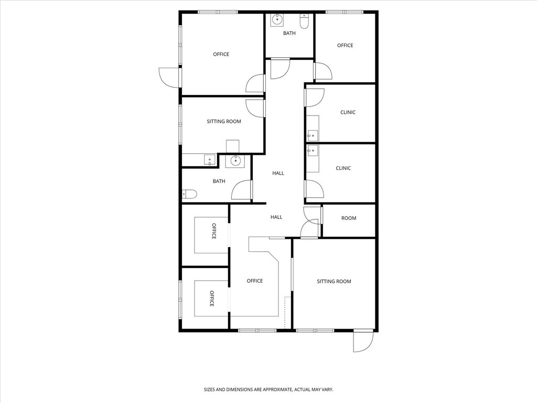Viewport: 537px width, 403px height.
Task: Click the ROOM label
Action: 349,218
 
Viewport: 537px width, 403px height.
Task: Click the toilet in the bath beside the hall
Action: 189,195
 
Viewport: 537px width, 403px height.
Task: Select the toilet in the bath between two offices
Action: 304,23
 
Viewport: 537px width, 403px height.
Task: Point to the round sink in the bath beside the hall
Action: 235,161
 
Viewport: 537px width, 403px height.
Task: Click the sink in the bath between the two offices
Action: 277,20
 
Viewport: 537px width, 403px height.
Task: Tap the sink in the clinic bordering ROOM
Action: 313,151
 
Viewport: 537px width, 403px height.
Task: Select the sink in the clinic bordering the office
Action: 313,135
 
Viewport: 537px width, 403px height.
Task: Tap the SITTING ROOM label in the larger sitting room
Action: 334,282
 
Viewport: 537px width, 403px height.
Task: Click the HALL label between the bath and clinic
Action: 278,173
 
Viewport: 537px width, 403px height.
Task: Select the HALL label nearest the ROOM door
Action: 276,217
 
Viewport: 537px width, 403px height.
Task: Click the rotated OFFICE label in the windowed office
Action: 212,299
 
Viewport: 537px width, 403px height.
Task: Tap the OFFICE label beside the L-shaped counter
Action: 255,281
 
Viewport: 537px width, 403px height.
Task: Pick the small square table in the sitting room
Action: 232,146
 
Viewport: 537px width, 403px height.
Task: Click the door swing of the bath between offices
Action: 280,69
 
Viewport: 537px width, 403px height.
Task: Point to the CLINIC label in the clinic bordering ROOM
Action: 343,168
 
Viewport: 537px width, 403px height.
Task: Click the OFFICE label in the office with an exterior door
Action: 221,55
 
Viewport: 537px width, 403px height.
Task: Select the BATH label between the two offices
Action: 289,34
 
